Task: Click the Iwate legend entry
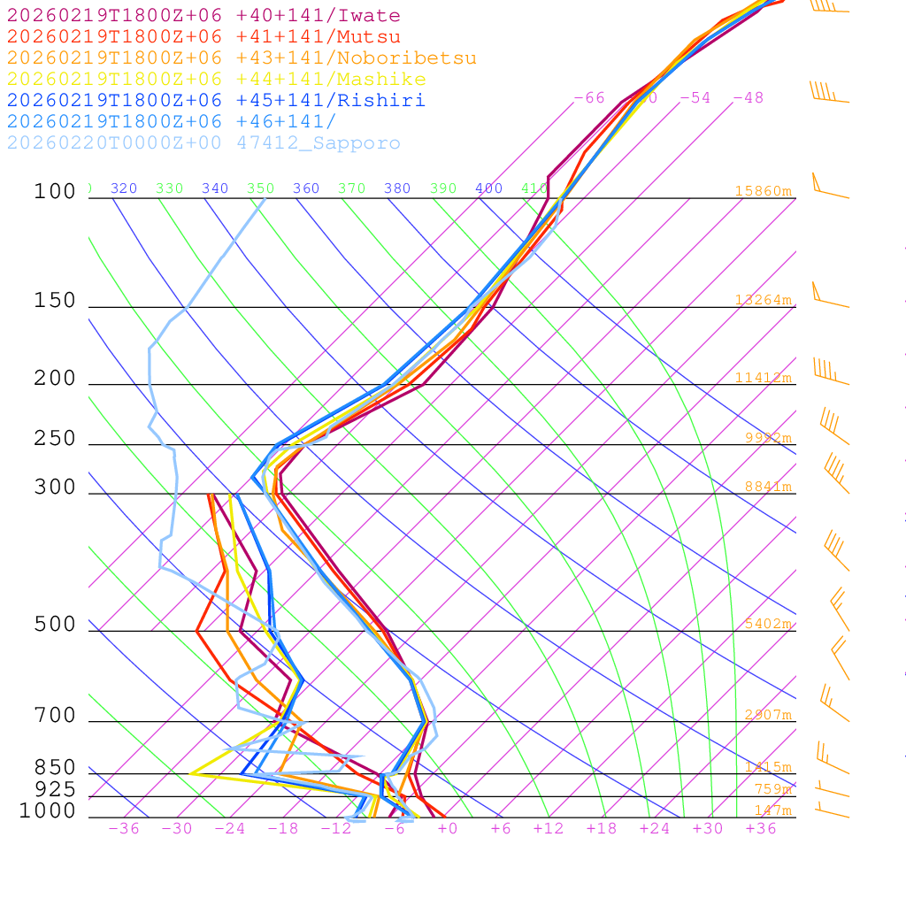point(203,16)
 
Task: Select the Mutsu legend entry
point(203,37)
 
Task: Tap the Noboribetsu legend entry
point(242,58)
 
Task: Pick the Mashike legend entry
point(216,80)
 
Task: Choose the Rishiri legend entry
point(216,101)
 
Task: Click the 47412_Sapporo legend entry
point(203,143)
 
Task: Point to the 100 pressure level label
point(55,191)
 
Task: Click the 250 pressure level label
point(55,439)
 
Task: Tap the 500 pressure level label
point(55,625)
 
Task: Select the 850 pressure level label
point(55,767)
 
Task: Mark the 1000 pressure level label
point(48,810)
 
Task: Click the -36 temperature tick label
point(123,829)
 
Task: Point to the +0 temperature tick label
point(447,829)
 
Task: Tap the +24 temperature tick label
point(655,829)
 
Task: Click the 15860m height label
point(763,191)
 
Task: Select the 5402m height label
point(767,624)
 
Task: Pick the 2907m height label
point(767,715)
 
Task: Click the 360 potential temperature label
point(306,188)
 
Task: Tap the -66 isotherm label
point(589,97)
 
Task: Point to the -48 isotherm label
point(748,97)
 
